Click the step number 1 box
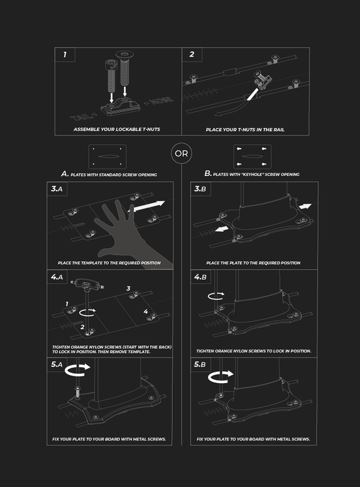point(65,55)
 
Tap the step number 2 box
point(192,55)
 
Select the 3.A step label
point(57,189)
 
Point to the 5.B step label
point(200,364)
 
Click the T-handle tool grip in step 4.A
point(87,284)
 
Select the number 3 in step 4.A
point(129,288)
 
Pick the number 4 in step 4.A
point(146,311)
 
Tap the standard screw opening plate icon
point(107,157)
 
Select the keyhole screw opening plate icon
point(252,157)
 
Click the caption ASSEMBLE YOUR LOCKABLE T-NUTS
point(117,129)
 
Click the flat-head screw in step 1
point(125,69)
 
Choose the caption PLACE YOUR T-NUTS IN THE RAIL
point(245,129)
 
